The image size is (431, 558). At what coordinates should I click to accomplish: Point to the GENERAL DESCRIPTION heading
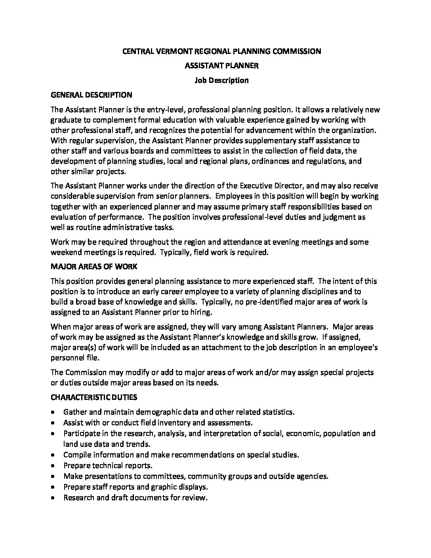91,95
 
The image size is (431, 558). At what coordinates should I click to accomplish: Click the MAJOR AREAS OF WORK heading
94,267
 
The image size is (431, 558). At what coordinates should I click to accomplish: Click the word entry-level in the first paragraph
164,110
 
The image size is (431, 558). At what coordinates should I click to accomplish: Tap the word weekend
66,252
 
